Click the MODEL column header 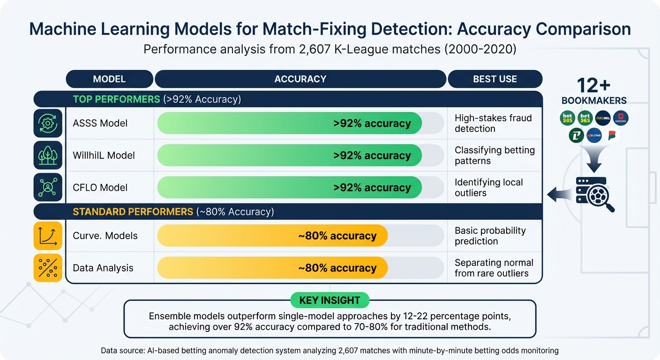(x=109, y=79)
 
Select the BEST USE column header (x=495, y=79)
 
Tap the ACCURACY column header (x=300, y=79)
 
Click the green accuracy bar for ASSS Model (x=289, y=123)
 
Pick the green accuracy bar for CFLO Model (x=289, y=187)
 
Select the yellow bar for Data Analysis (x=272, y=268)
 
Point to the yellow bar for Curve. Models (x=272, y=236)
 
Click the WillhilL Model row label (x=104, y=155)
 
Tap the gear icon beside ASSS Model (x=48, y=123)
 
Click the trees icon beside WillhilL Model (x=48, y=155)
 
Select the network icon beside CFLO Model (x=48, y=187)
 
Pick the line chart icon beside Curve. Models (x=48, y=236)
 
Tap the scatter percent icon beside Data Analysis (x=48, y=268)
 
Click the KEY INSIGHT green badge (x=330, y=300)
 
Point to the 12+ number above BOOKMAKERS (x=593, y=86)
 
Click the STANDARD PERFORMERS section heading (x=133, y=212)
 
